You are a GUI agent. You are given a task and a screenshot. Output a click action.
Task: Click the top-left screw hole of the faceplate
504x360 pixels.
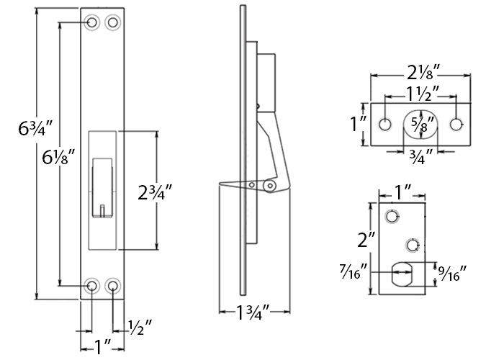(x=92, y=23)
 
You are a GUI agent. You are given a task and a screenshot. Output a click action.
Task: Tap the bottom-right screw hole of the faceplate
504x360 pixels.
(x=113, y=287)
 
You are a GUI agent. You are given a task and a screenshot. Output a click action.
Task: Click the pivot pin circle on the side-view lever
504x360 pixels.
(x=269, y=186)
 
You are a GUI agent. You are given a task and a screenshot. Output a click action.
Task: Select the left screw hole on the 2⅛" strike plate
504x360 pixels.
(x=386, y=124)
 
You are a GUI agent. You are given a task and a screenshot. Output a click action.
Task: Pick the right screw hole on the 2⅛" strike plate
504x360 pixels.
(x=456, y=124)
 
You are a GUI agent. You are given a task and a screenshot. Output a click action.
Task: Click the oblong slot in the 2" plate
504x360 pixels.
(x=402, y=274)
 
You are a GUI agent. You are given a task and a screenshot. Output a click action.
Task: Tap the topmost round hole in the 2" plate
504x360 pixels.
(x=392, y=216)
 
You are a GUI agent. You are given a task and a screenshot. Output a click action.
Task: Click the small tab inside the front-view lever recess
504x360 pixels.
(x=103, y=210)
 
